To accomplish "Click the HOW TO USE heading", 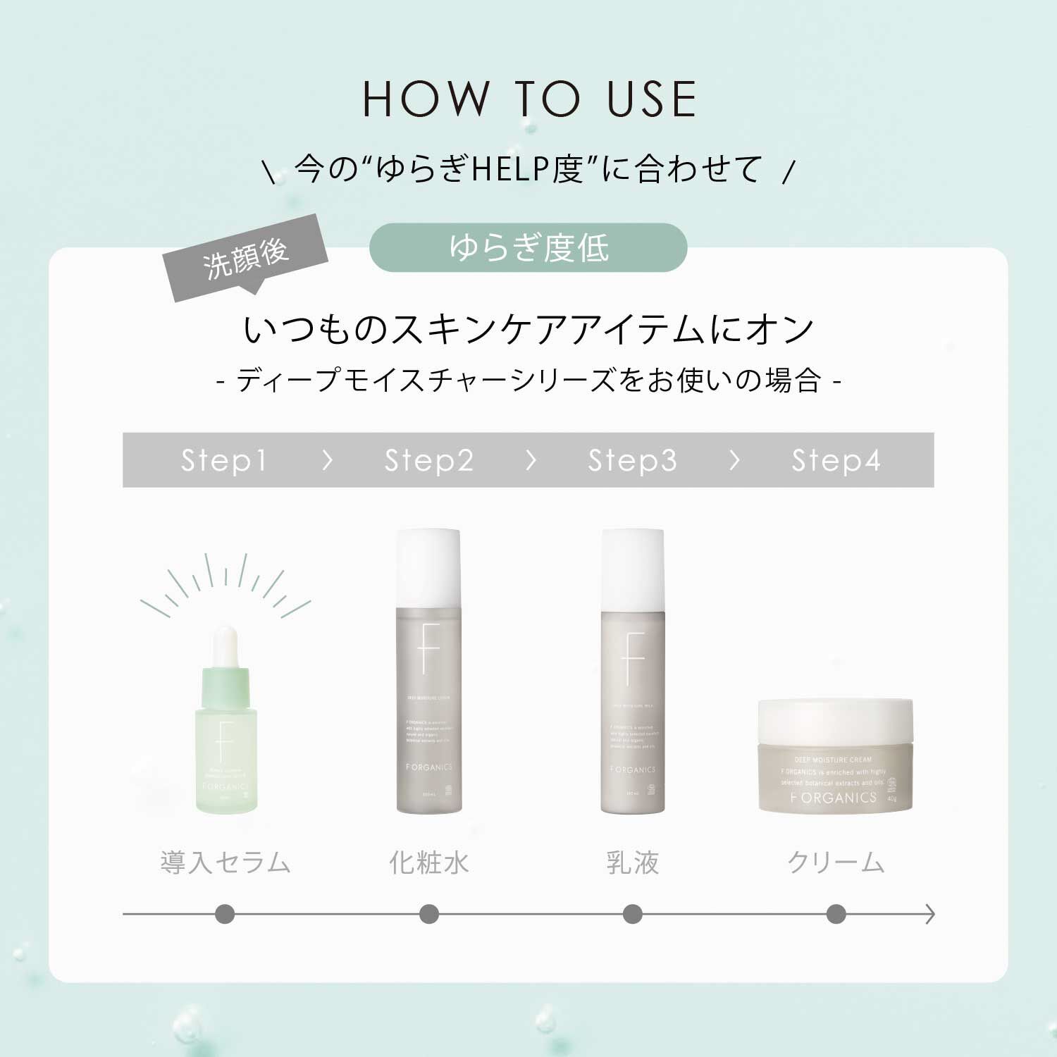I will (528, 99).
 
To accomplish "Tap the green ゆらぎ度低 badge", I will (528, 247).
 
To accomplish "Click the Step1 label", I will (224, 460).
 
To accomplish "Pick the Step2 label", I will (428, 460).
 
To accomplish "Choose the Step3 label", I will (632, 460).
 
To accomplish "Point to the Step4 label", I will (836, 460).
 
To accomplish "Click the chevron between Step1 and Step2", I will (327, 460).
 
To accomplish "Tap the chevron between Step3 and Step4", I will (734, 460).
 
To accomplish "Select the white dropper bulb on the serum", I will (225, 645).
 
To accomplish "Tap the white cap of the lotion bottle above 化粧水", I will (428, 567).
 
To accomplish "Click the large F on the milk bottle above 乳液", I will (633, 659).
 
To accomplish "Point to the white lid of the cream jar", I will (835, 720).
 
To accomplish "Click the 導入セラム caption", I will (225, 863).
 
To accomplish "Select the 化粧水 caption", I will (428, 863).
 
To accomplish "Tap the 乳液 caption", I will (632, 863).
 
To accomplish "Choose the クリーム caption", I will (836, 863).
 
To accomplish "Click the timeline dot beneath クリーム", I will (836, 915).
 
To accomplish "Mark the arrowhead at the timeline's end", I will (930, 915).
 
